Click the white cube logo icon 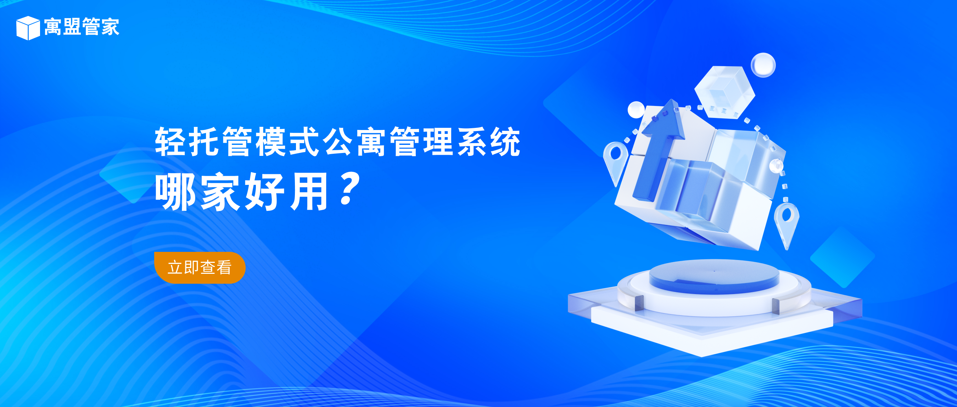tap(28, 28)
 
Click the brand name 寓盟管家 tap(82, 27)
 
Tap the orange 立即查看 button tap(200, 267)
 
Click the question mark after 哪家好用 tap(349, 188)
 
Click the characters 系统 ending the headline tap(488, 141)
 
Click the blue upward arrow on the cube tap(657, 148)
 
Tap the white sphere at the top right tap(763, 65)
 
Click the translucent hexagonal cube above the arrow tap(724, 91)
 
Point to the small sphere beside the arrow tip tap(636, 110)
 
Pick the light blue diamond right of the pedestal tap(843, 256)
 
